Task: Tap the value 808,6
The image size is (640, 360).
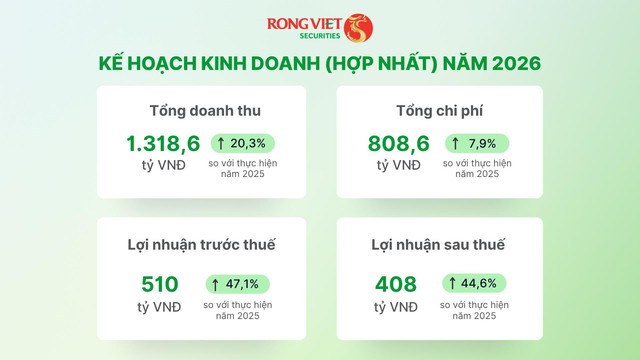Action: click(x=399, y=144)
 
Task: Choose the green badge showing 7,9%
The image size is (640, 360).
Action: click(x=477, y=143)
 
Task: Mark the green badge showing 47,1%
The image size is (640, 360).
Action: click(x=238, y=283)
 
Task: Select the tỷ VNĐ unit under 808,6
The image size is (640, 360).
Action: click(x=399, y=165)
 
